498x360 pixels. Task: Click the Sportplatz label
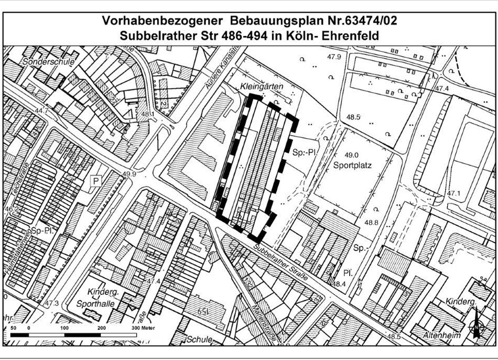[353, 165]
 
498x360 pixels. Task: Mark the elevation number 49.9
[129, 174]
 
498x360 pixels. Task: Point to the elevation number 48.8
[371, 223]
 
